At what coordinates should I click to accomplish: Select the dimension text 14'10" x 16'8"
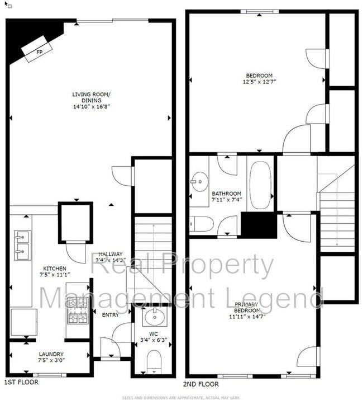(x=91, y=107)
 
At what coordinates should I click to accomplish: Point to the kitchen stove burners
(x=77, y=312)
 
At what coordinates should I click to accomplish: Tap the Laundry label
(x=51, y=354)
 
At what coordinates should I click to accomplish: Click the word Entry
(x=110, y=314)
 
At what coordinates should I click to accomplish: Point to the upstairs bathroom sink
(x=197, y=181)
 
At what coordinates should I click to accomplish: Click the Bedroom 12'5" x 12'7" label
(x=259, y=78)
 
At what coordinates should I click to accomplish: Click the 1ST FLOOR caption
(x=21, y=383)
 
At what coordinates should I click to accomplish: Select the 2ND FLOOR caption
(x=200, y=384)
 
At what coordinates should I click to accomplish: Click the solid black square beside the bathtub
(x=259, y=225)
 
